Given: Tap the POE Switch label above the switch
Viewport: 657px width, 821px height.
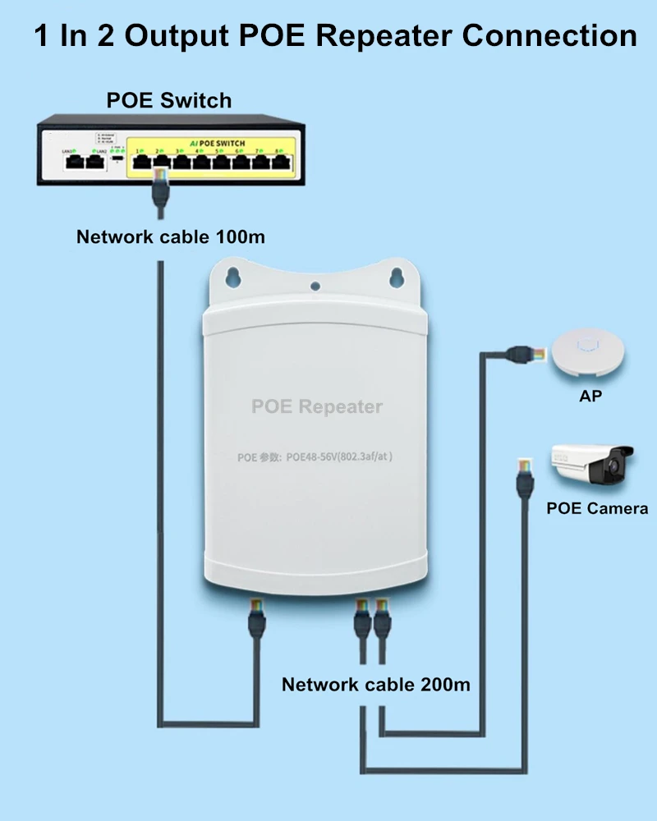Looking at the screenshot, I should pos(169,101).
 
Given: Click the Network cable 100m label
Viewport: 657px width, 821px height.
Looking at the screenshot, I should pos(171,237).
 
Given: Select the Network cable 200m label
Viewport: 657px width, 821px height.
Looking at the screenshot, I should pos(376,684).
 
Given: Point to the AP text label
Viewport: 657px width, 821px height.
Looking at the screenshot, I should pos(590,397).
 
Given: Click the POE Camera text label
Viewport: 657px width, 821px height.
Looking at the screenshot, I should pos(597,508).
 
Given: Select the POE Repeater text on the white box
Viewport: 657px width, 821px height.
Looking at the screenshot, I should pos(317,406).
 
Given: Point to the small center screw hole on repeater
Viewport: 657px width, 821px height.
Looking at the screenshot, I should pos(315,287).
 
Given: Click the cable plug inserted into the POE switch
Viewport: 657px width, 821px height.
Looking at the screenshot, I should pos(159,177).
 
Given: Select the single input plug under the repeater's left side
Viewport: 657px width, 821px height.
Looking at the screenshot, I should pos(255,617).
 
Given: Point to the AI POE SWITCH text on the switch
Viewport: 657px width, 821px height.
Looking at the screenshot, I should pos(215,143).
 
